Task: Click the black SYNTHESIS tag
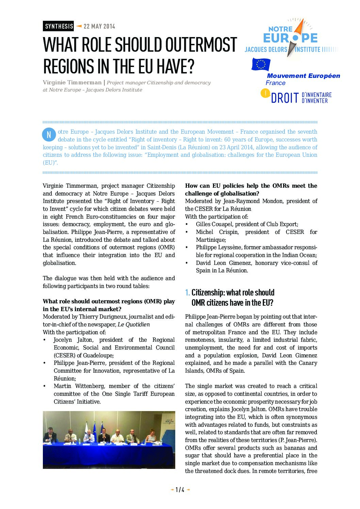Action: [59, 26]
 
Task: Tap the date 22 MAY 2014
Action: [99, 26]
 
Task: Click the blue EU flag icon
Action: [261, 64]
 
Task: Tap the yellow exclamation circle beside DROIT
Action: [265, 93]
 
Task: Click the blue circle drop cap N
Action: [49, 135]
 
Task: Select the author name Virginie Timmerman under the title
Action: [72, 83]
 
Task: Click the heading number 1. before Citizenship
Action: [187, 292]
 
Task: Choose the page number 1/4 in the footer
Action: [180, 490]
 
